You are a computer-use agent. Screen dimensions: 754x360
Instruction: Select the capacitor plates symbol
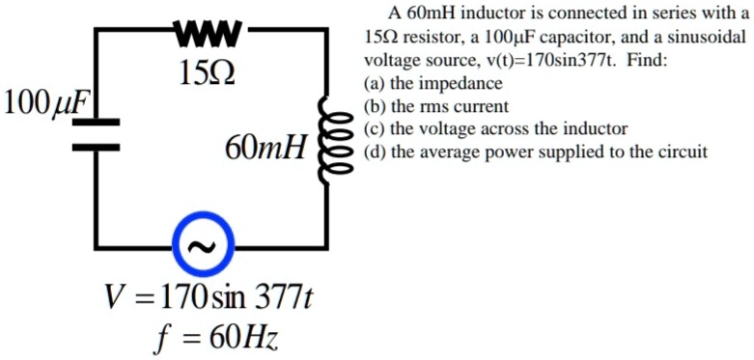click(x=95, y=134)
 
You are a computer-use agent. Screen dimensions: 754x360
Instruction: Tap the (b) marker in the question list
click(x=372, y=107)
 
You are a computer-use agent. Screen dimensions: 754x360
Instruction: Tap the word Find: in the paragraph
click(x=646, y=61)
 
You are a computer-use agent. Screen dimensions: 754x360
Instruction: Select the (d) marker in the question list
click(x=372, y=152)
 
